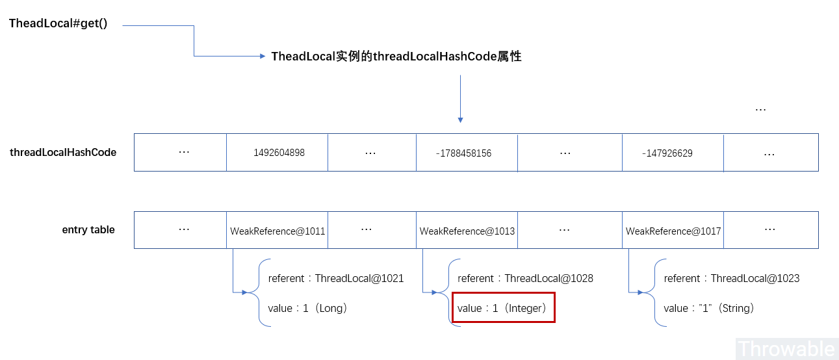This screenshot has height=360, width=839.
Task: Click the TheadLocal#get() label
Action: point(58,24)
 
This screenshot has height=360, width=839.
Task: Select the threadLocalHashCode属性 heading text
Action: point(396,57)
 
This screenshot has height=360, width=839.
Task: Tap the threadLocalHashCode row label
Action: point(63,153)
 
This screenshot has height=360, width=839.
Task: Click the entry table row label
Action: point(88,230)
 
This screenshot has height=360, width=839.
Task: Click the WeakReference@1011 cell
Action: point(278,231)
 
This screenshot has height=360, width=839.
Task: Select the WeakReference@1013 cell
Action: point(467,231)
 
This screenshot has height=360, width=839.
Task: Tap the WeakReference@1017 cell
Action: point(673,231)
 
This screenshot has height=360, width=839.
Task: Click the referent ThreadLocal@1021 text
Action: point(336,278)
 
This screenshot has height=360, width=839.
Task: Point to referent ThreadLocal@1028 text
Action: point(525,278)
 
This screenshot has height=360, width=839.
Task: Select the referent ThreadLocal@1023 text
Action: point(731,278)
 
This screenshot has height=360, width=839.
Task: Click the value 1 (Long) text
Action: point(307,308)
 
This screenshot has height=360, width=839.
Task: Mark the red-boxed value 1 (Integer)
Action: point(503,307)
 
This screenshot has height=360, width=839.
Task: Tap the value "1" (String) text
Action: point(709,308)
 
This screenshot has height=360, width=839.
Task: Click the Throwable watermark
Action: point(786,348)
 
